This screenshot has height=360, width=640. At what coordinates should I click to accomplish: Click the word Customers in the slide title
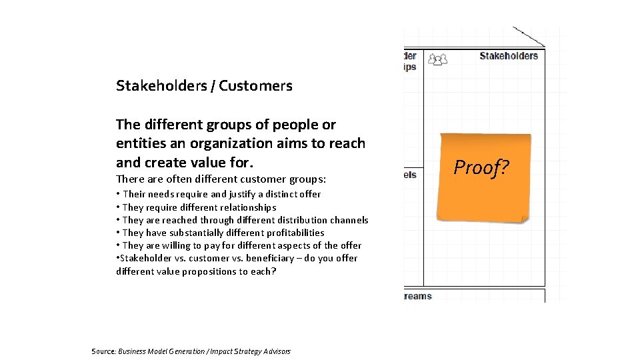pyautogui.click(x=255, y=86)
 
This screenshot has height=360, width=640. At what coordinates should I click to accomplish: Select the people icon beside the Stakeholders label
pyautogui.click(x=437, y=59)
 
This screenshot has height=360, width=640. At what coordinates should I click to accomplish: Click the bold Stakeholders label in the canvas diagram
pyautogui.click(x=508, y=56)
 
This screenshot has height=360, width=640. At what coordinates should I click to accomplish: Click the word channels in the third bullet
pyautogui.click(x=347, y=220)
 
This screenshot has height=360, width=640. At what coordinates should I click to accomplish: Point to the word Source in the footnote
pyautogui.click(x=103, y=351)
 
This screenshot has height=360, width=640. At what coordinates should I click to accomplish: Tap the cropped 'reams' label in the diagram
pyautogui.click(x=418, y=296)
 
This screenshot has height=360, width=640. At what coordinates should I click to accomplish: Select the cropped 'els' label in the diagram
pyautogui.click(x=410, y=175)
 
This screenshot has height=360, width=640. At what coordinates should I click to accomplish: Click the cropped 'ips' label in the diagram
pyautogui.click(x=410, y=67)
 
